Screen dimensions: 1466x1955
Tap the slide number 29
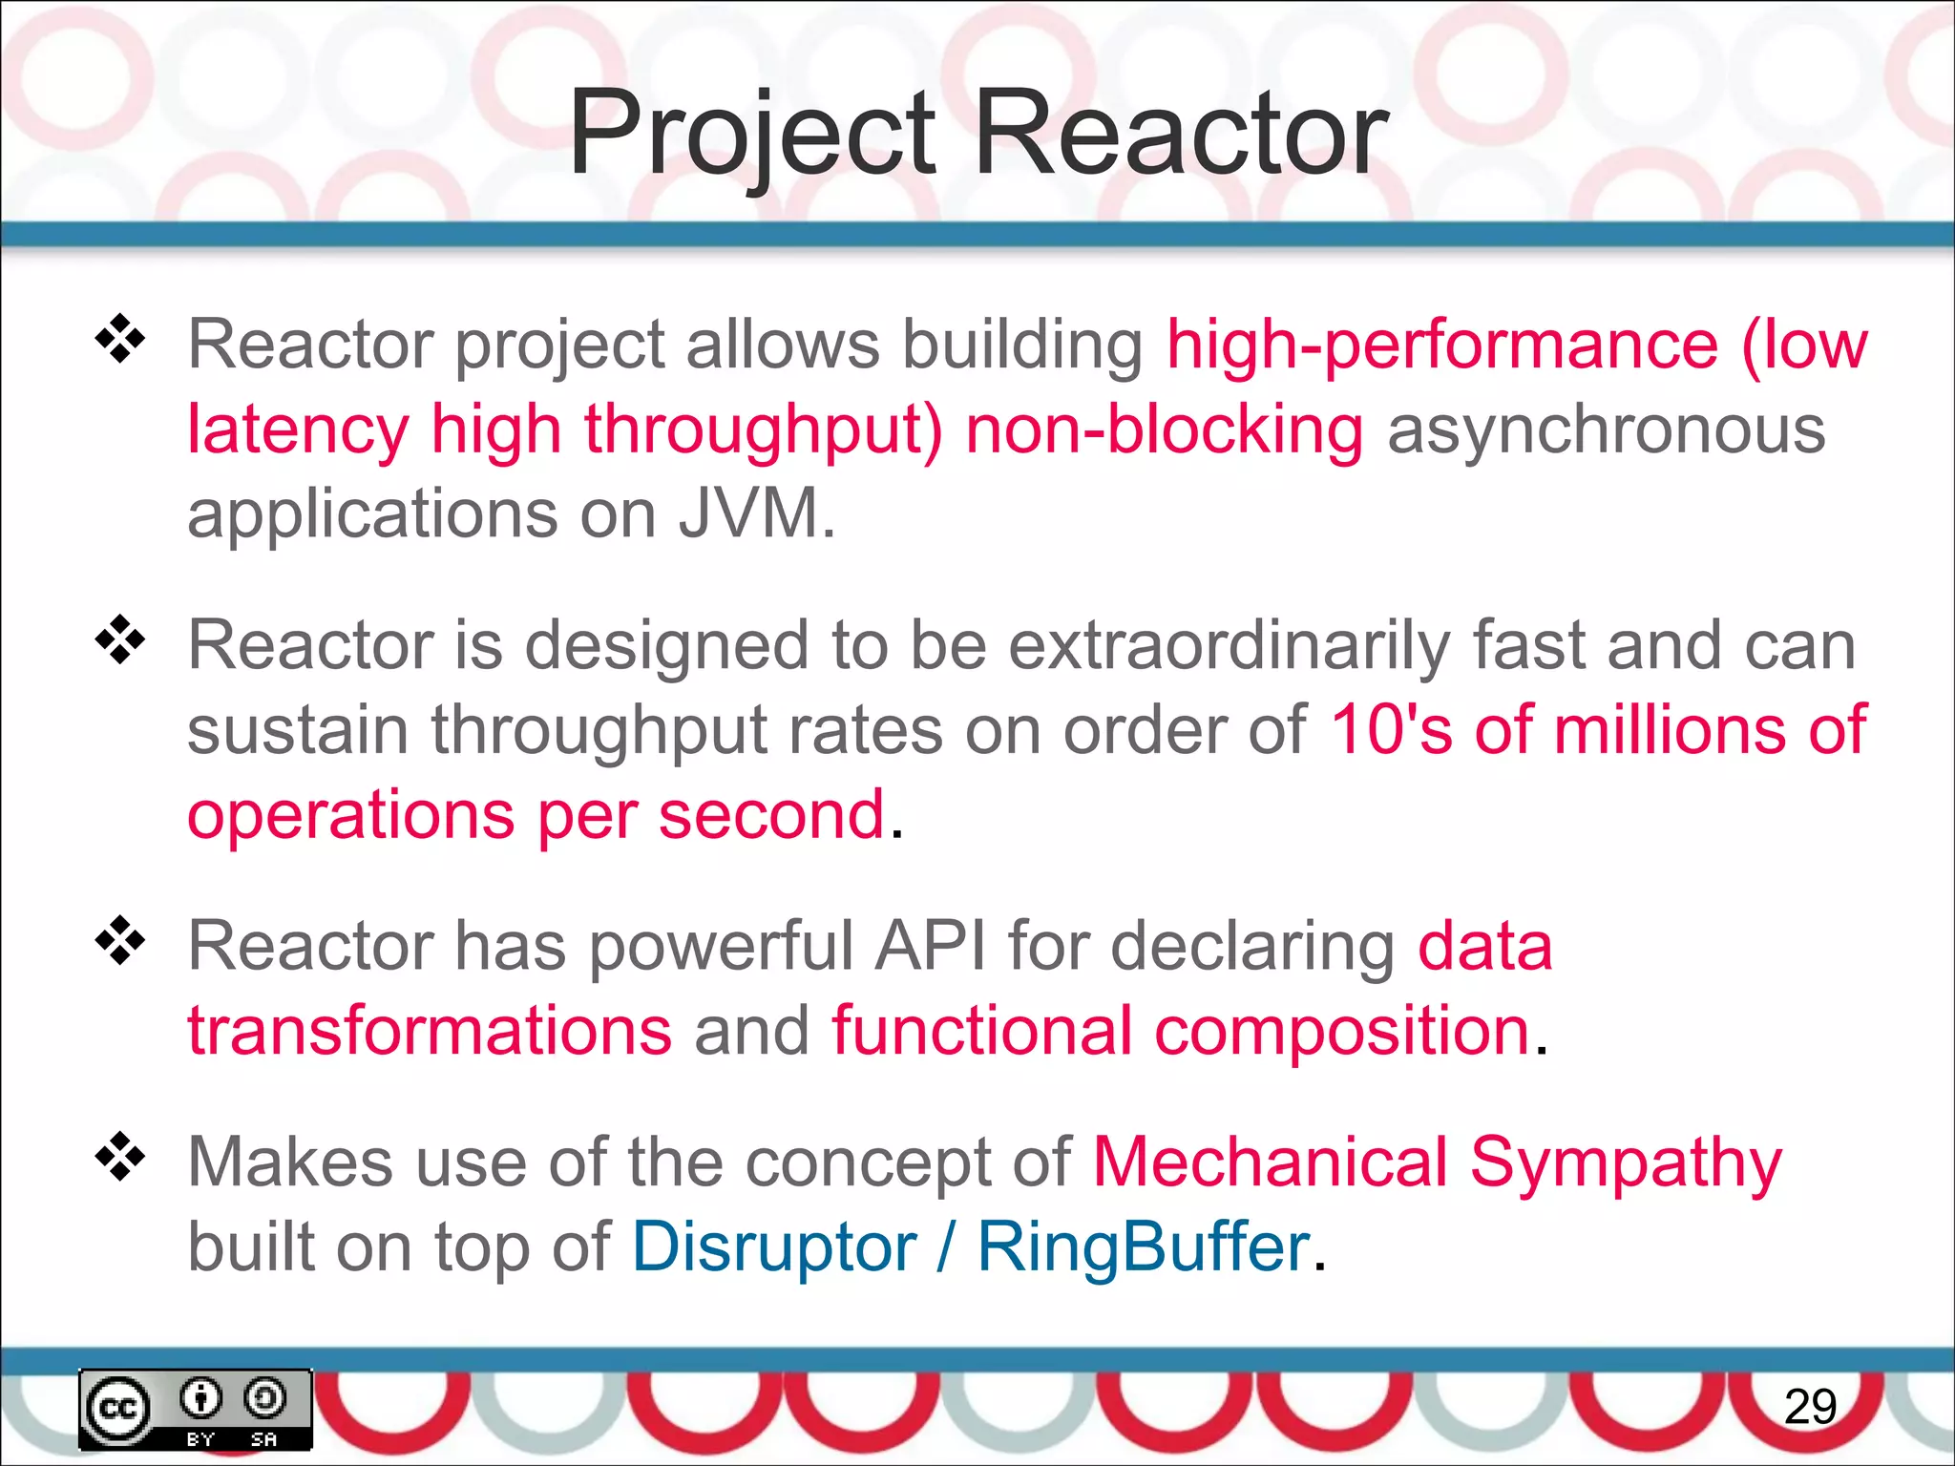[x=1810, y=1407]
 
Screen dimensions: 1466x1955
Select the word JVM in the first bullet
[x=748, y=513]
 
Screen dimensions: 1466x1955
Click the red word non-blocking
[x=1165, y=429]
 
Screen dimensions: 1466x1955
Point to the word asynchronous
[x=1606, y=429]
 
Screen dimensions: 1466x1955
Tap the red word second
[x=771, y=815]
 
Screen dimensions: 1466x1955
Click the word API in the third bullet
[x=931, y=946]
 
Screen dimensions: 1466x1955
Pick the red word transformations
[x=430, y=1031]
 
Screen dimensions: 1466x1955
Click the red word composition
[x=1342, y=1031]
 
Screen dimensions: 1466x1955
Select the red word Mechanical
[x=1270, y=1162]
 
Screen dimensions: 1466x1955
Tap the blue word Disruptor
[x=774, y=1246]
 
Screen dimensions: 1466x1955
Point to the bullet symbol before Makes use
[x=120, y=1157]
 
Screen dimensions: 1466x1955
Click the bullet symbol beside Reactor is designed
[x=120, y=640]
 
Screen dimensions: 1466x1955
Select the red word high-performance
[x=1442, y=345]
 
